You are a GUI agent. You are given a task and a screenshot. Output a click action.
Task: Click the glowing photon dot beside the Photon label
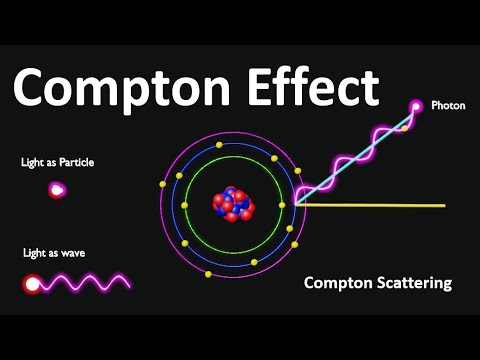tap(416, 106)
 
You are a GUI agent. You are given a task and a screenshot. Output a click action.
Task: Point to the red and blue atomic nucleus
tap(235, 204)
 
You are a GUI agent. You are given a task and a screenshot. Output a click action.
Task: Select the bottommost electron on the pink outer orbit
tap(207, 273)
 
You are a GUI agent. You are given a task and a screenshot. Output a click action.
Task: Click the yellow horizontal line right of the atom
tap(380, 205)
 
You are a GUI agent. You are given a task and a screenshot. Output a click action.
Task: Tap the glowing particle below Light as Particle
tap(57, 189)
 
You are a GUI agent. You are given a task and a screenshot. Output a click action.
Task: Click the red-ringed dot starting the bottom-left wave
tap(33, 284)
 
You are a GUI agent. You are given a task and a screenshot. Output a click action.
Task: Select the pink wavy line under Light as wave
tap(90, 283)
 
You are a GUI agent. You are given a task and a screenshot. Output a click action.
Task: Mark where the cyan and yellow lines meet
tap(297, 204)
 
